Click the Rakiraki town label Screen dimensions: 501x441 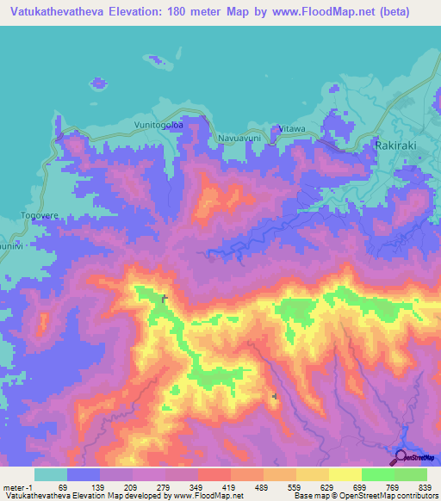(x=395, y=145)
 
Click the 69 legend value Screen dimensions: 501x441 (x=62, y=487)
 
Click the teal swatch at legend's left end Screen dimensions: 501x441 (x=51, y=474)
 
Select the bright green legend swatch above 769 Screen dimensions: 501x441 (x=378, y=474)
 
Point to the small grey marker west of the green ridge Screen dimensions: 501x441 (x=164, y=298)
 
